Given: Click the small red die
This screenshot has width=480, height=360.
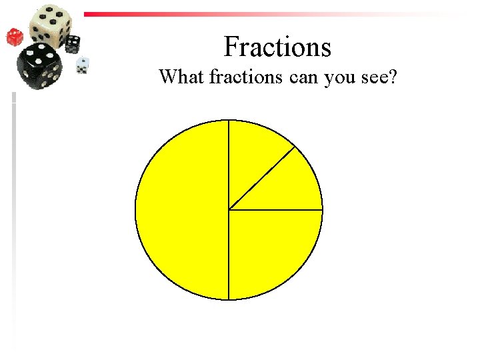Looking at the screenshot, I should [x=15, y=37].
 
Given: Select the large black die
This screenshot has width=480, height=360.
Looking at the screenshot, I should [x=40, y=66].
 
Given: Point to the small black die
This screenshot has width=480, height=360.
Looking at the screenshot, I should [x=73, y=44].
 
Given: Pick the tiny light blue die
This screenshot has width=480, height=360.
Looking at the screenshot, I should [x=83, y=65].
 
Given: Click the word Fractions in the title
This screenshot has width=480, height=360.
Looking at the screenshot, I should [x=277, y=47].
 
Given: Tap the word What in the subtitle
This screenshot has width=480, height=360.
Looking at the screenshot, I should [x=181, y=77].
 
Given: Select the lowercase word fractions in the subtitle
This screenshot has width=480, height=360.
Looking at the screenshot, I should [x=246, y=77].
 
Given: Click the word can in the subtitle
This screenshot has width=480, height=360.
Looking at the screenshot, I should [x=304, y=78].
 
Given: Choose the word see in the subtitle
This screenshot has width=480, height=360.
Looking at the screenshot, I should [x=374, y=78].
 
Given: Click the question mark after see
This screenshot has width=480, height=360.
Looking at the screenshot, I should [x=394, y=77].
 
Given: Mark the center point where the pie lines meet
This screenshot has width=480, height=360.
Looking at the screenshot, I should [x=229, y=210].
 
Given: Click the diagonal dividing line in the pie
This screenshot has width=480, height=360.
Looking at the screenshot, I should [x=262, y=177].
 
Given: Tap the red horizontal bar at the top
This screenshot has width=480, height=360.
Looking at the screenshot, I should [x=200, y=13].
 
